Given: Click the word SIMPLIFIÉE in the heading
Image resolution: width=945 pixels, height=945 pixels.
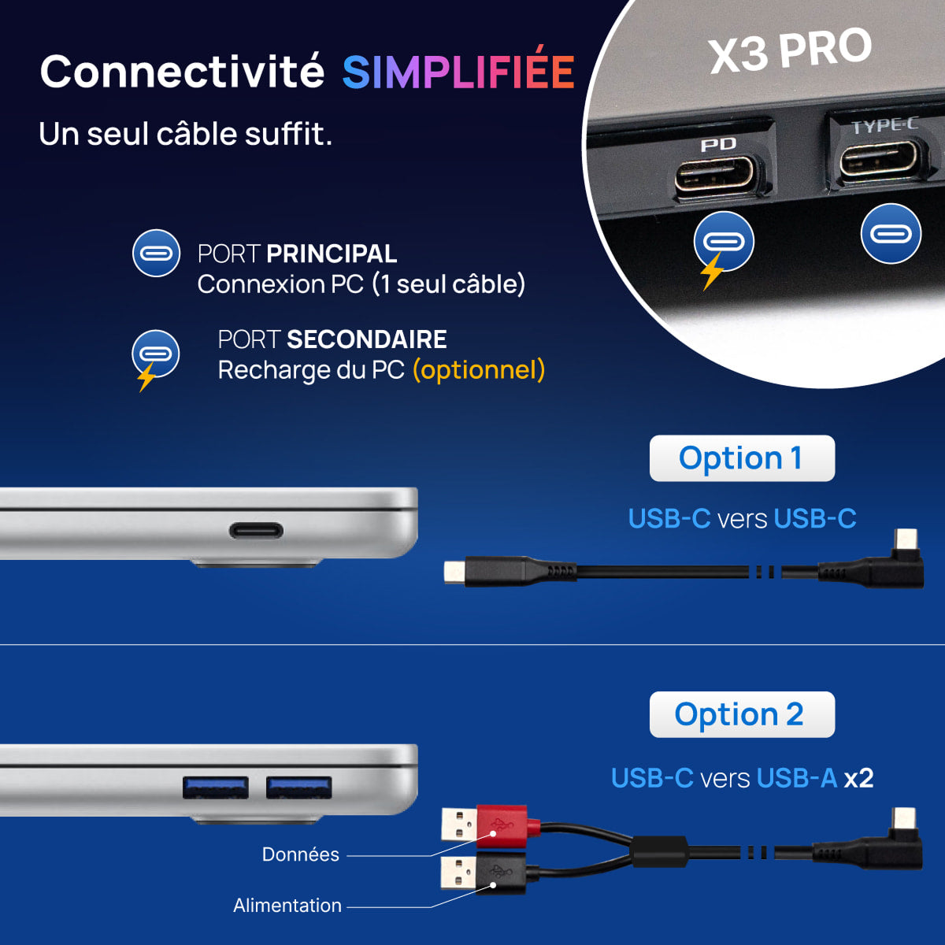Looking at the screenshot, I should [458, 72].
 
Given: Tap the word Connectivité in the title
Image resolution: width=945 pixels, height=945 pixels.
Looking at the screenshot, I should [182, 72].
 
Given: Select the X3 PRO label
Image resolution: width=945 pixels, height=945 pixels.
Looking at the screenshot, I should [790, 50].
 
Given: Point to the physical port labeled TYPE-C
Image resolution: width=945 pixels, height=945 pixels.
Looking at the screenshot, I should [878, 160].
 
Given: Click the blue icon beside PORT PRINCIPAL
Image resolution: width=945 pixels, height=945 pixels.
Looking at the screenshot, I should [156, 254].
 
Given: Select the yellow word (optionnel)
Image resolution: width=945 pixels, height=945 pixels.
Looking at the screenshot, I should [479, 370].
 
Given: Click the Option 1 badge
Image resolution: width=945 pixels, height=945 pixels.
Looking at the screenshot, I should [741, 458].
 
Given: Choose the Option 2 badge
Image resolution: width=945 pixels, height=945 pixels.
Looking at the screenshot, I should [741, 715].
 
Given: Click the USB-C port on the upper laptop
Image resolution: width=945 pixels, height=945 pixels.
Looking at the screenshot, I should [257, 530].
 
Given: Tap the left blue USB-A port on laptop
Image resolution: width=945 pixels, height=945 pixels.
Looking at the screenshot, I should [215, 787].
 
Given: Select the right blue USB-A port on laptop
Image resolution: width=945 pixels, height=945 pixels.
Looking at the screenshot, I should [298, 787].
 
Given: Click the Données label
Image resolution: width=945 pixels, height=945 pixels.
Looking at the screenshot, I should [300, 854].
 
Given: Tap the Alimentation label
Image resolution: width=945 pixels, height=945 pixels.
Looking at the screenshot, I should [287, 906].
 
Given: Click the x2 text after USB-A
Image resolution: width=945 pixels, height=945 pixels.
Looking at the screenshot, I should [858, 778].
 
